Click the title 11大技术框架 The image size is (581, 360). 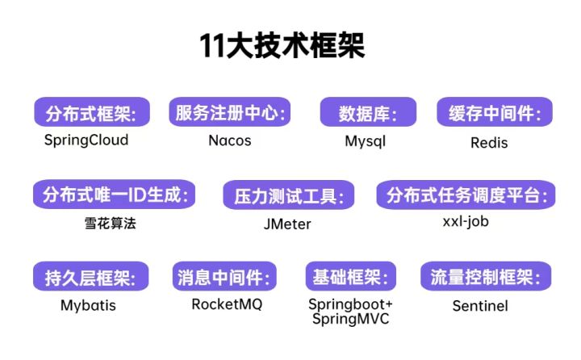click(x=282, y=45)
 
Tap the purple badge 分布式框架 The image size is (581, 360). click(x=92, y=112)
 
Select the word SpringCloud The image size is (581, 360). click(x=86, y=140)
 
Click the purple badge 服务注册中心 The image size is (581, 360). click(x=230, y=112)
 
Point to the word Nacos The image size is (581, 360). click(x=230, y=140)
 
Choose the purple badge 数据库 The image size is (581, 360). click(x=368, y=112)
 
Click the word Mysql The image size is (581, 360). click(x=366, y=141)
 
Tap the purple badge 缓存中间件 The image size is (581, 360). click(x=495, y=112)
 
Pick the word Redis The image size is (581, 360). click(x=489, y=143)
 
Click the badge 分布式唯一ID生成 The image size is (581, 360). click(x=114, y=195)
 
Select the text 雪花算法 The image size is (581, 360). click(x=110, y=224)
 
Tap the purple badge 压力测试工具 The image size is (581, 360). click(x=289, y=195)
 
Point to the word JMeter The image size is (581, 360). click(x=287, y=224)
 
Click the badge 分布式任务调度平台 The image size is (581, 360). click(x=466, y=195)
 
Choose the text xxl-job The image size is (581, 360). click(x=466, y=222)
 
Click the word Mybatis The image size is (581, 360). click(x=88, y=305)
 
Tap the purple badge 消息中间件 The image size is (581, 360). click(x=224, y=277)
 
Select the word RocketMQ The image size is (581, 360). click(x=227, y=304)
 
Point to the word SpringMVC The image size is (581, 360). click(x=350, y=319)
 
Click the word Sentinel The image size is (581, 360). click(x=480, y=306)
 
